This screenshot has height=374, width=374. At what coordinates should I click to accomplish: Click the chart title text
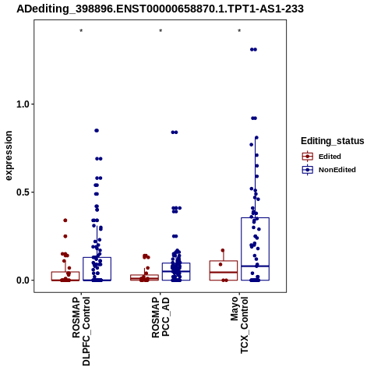coord(160,9)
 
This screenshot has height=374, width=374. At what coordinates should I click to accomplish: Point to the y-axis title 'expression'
coord(9,156)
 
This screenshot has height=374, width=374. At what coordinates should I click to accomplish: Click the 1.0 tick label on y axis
coord(22,104)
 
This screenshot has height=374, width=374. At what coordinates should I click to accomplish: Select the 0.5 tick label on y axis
coord(22,192)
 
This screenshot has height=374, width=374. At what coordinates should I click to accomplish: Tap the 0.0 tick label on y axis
coord(22,280)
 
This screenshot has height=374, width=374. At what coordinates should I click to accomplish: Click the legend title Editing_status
coord(333,141)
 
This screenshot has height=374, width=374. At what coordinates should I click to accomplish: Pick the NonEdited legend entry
coord(329,170)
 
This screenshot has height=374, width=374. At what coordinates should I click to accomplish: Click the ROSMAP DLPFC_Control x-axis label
coord(81,331)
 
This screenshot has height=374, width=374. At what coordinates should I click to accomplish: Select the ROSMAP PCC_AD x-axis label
coord(161,317)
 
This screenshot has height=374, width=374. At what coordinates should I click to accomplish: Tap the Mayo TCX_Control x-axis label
coord(239,325)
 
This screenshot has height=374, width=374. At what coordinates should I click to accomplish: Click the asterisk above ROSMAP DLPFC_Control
coord(81,31)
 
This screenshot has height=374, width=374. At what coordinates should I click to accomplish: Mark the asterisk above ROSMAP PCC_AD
coord(161,31)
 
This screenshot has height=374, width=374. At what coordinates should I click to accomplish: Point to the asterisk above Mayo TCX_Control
coord(239,31)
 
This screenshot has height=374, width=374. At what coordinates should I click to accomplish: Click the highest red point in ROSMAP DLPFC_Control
coord(65,221)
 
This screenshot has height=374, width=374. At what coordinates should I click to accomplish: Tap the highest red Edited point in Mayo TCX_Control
coord(223,250)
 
